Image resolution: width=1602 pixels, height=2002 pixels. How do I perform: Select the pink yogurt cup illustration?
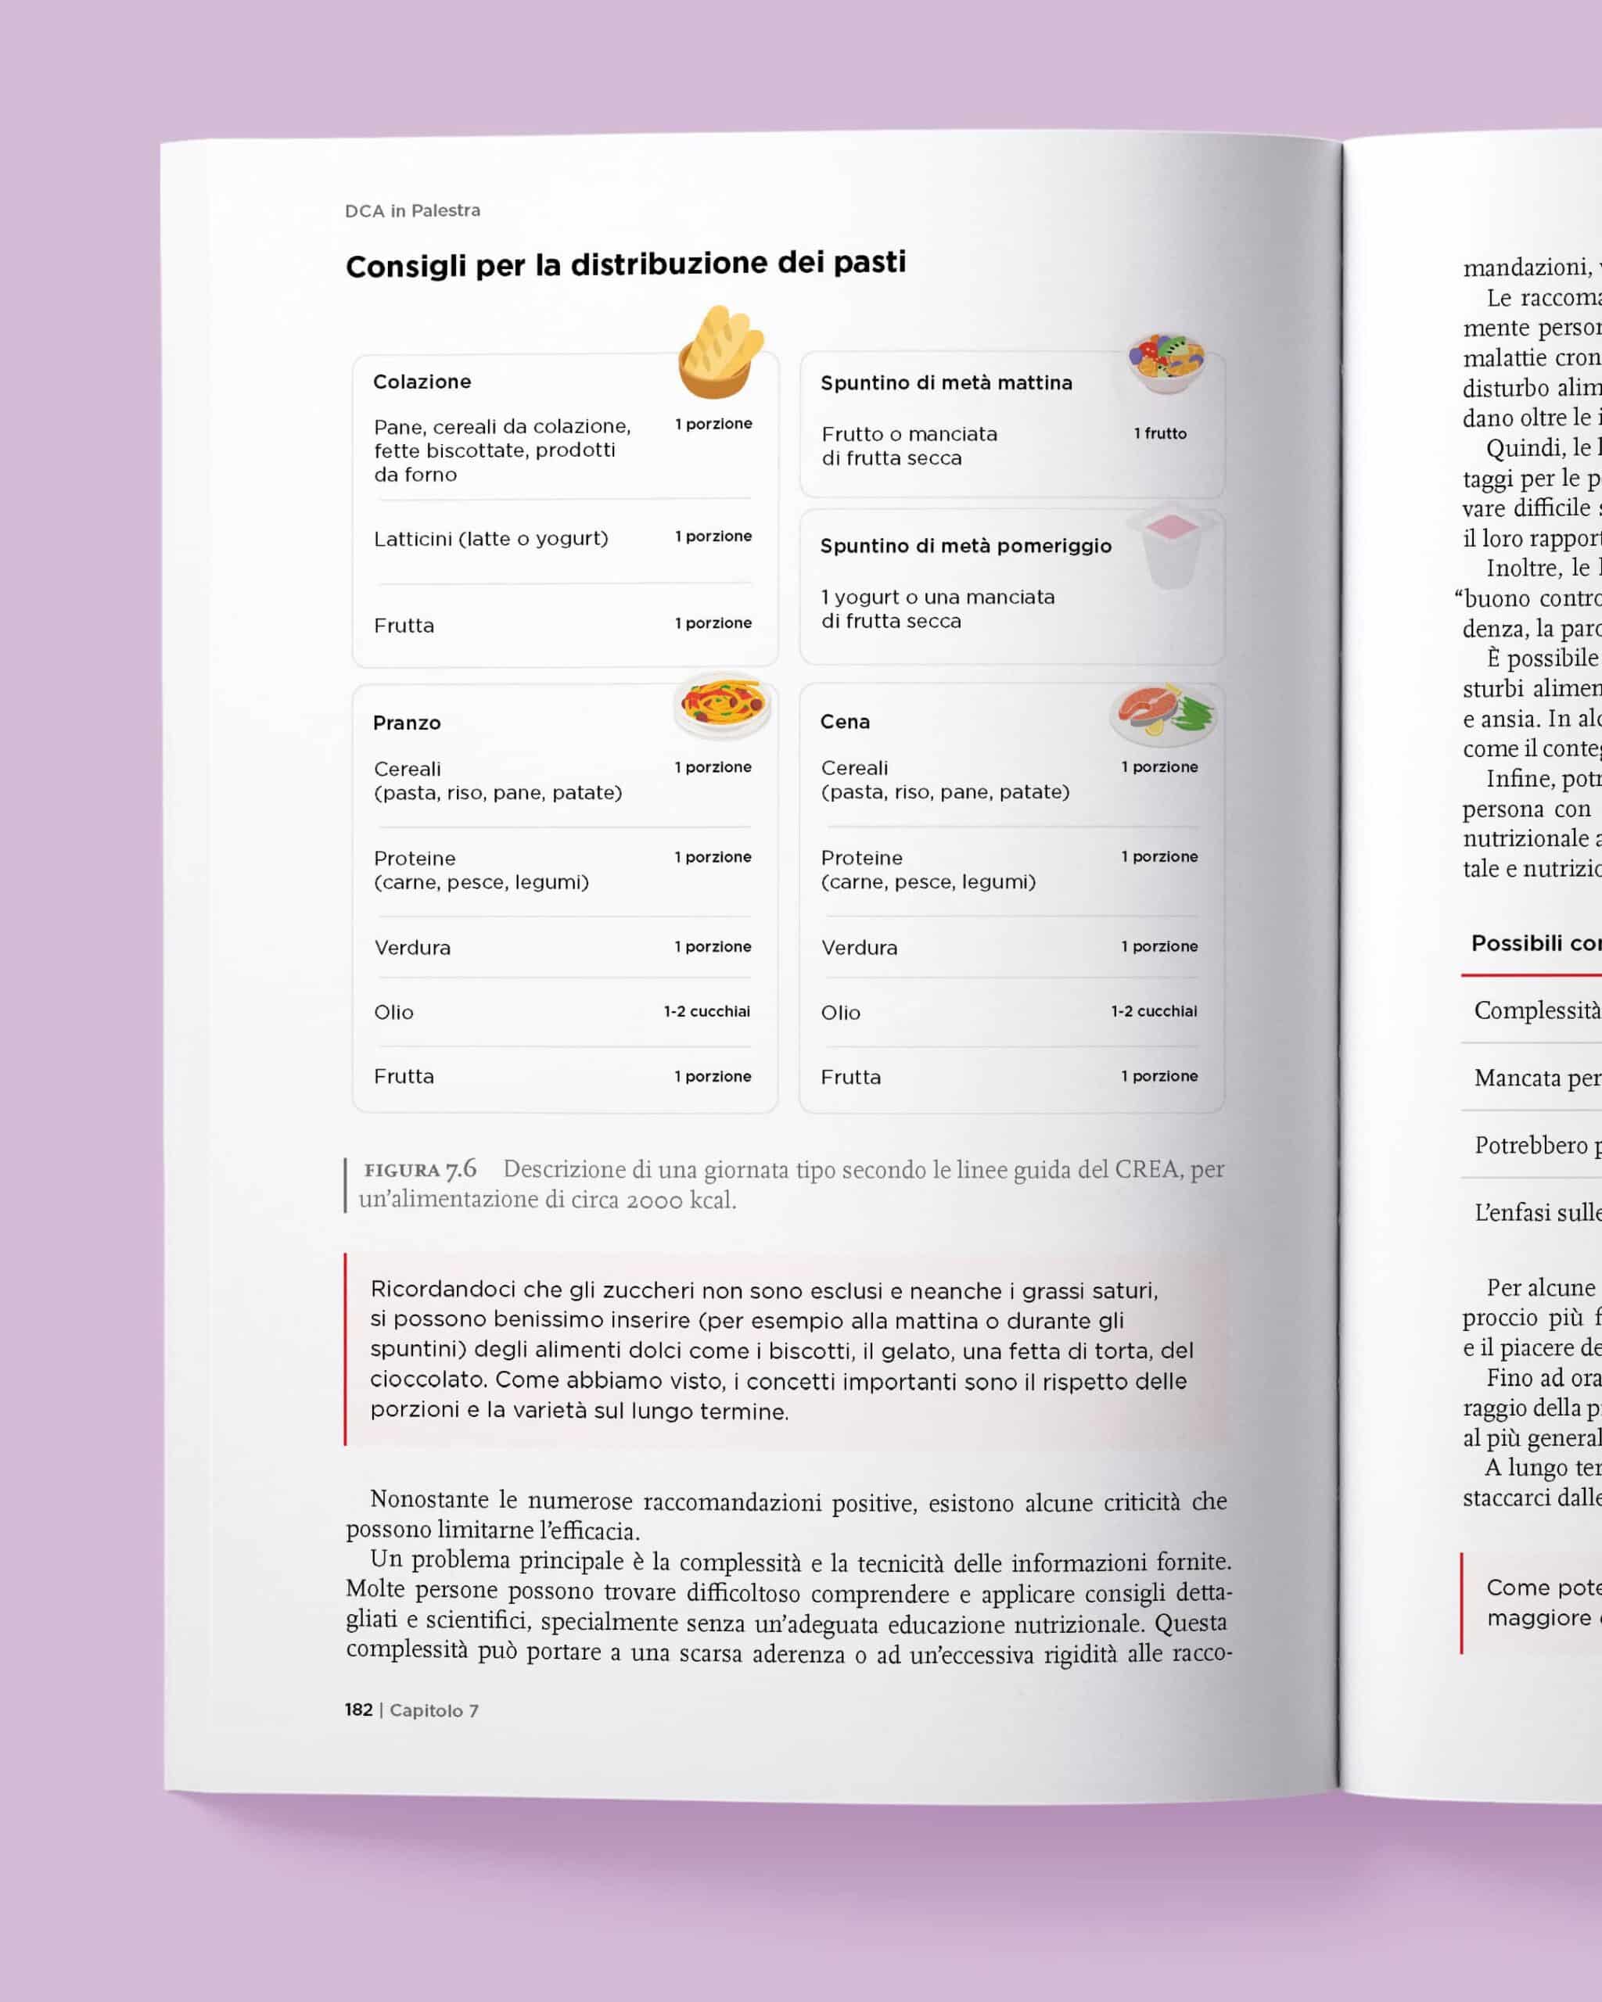coord(1172,548)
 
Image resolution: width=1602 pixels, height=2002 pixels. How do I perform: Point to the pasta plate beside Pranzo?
coord(721,705)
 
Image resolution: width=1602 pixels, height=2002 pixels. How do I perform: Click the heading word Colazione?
coord(422,382)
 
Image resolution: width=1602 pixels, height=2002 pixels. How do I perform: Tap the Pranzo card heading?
coord(407,723)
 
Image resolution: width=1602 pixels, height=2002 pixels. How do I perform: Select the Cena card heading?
coord(844,723)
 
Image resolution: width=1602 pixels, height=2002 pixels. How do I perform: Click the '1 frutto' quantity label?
coord(1159,434)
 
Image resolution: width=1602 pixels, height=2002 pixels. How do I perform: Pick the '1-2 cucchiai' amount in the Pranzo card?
coord(706,1011)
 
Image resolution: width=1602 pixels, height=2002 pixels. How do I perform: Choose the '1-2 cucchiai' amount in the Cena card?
coord(1154,1011)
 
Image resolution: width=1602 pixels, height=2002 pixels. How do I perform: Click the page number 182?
coord(358,1710)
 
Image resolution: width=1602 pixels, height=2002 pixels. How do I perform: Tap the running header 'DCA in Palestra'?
coord(412,211)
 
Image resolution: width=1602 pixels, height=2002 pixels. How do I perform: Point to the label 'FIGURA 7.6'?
coord(420,1169)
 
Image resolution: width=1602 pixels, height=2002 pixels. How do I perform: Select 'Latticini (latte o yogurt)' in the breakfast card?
coord(490,539)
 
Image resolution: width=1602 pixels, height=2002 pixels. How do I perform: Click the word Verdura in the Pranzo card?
coord(412,948)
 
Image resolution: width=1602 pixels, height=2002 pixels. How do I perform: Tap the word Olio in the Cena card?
coord(840,1013)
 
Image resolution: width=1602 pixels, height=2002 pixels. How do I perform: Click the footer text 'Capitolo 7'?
coord(433,1710)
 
